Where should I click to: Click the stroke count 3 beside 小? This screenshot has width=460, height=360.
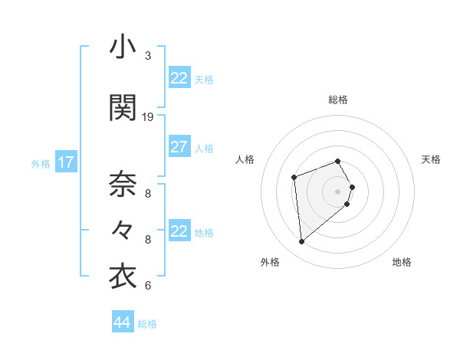click(148, 56)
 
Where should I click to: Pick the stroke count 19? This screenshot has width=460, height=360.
click(148, 117)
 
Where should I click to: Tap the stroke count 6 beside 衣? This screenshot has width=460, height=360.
click(148, 286)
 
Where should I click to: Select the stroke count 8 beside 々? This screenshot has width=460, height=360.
click(148, 240)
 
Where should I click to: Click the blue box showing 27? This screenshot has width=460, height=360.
click(179, 147)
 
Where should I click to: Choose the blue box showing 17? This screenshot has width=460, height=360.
click(65, 162)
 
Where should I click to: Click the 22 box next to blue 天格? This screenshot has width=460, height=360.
click(179, 78)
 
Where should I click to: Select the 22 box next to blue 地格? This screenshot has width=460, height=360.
click(179, 231)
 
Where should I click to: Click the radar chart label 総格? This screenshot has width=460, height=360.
click(338, 100)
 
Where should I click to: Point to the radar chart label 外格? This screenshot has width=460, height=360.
click(270, 263)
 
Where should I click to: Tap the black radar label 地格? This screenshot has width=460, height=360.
click(402, 263)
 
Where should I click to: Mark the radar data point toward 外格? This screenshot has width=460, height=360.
click(302, 242)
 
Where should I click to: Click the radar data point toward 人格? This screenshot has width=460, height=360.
click(294, 178)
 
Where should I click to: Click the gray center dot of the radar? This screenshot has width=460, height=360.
click(338, 191)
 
